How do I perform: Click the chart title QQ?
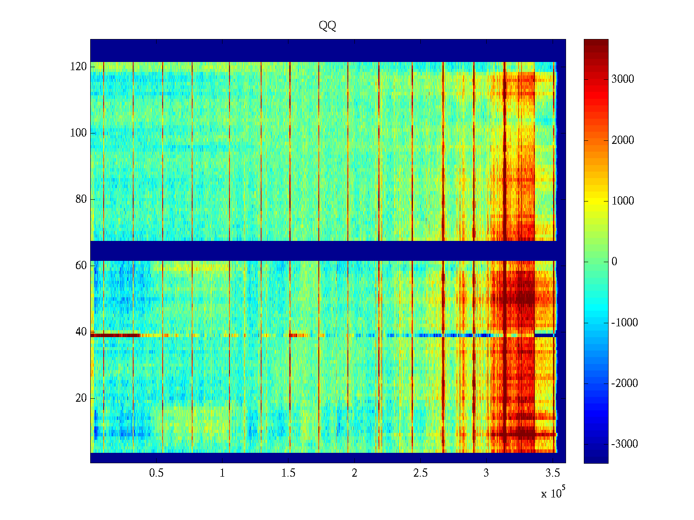pyautogui.click(x=327, y=26)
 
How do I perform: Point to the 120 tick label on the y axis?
pyautogui.click(x=79, y=67)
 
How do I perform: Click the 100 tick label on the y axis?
pyautogui.click(x=79, y=133)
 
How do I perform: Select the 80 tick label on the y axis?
pyautogui.click(x=81, y=199)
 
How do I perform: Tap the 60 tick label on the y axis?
pyautogui.click(x=81, y=266)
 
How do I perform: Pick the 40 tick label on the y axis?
pyautogui.click(x=81, y=332)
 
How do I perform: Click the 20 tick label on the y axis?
pyautogui.click(x=81, y=398)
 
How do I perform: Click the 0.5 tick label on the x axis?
pyautogui.click(x=157, y=473)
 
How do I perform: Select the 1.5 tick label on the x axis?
pyautogui.click(x=288, y=473)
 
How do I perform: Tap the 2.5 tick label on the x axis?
pyautogui.click(x=420, y=473)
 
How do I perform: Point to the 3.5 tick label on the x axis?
pyautogui.click(x=552, y=473)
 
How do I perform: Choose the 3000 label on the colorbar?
pyautogui.click(x=622, y=79)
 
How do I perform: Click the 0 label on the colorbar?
pyautogui.click(x=614, y=262)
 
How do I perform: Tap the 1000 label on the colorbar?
pyautogui.click(x=622, y=201)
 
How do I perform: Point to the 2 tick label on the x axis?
pyautogui.click(x=354, y=473)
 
